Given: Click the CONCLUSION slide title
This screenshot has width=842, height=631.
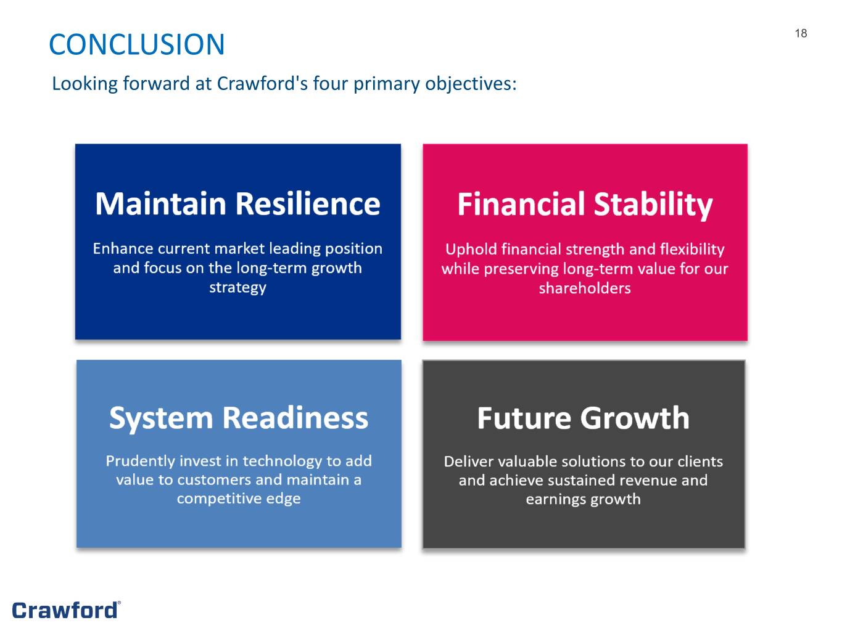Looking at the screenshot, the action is [x=136, y=44].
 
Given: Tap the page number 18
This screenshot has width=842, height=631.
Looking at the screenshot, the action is [x=801, y=34].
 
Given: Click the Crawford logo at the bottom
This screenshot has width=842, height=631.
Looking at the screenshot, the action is [x=67, y=610].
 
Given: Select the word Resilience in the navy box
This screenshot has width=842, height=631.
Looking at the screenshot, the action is [x=308, y=203].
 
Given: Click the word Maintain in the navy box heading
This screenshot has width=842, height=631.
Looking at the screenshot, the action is [x=161, y=203].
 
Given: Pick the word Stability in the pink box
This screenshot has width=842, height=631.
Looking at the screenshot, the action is [x=653, y=205].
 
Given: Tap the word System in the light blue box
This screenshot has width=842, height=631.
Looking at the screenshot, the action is [x=161, y=419].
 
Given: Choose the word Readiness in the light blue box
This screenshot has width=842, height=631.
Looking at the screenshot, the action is [x=295, y=417].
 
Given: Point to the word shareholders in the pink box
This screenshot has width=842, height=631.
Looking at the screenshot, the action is [x=585, y=288].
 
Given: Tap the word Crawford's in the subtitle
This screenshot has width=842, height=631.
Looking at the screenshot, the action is [x=262, y=84].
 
